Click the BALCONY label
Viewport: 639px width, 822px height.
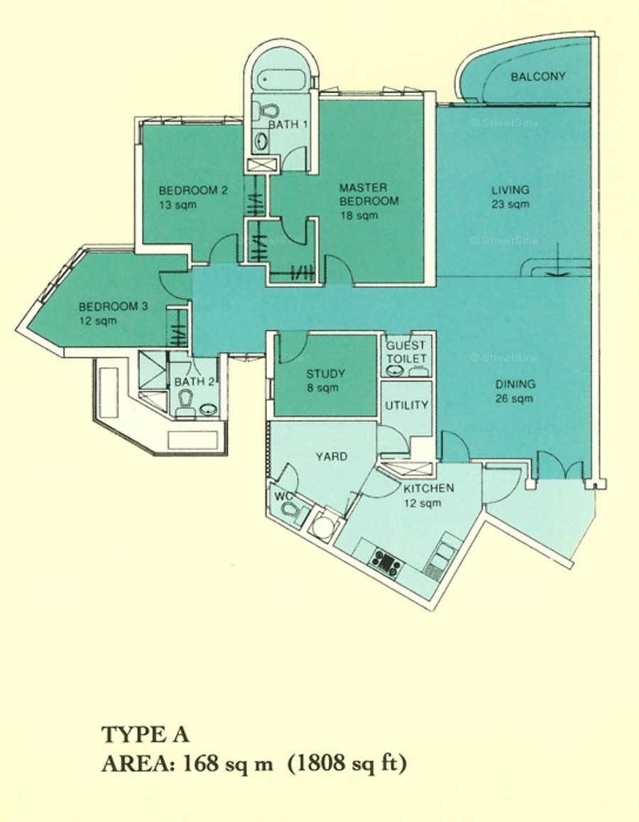coord(538,77)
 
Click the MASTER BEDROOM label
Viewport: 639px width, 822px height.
coord(369,194)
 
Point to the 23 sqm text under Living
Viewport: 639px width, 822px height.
coord(510,204)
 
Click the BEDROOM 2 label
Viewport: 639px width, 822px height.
coord(193,190)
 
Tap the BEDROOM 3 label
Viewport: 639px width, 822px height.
coord(114,306)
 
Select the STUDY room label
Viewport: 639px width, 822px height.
coord(326,374)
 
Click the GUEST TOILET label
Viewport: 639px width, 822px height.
coord(406,352)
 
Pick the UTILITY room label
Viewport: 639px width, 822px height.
coord(407,405)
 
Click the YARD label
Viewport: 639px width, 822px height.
coord(332,456)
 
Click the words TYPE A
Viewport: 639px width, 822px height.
coord(146,735)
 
